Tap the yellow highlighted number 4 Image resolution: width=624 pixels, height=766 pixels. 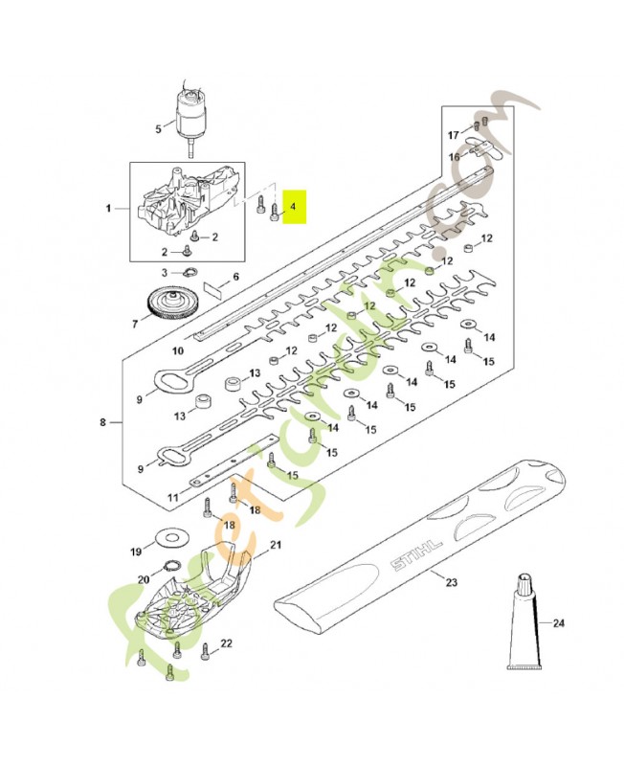(294, 206)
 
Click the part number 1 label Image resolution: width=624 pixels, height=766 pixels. (108, 208)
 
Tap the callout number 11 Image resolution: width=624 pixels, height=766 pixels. (173, 498)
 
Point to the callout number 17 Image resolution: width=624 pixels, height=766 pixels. (455, 134)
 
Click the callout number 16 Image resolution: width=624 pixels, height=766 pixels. (455, 155)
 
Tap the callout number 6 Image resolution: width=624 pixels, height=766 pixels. (236, 277)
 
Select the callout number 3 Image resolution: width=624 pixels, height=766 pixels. (164, 273)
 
